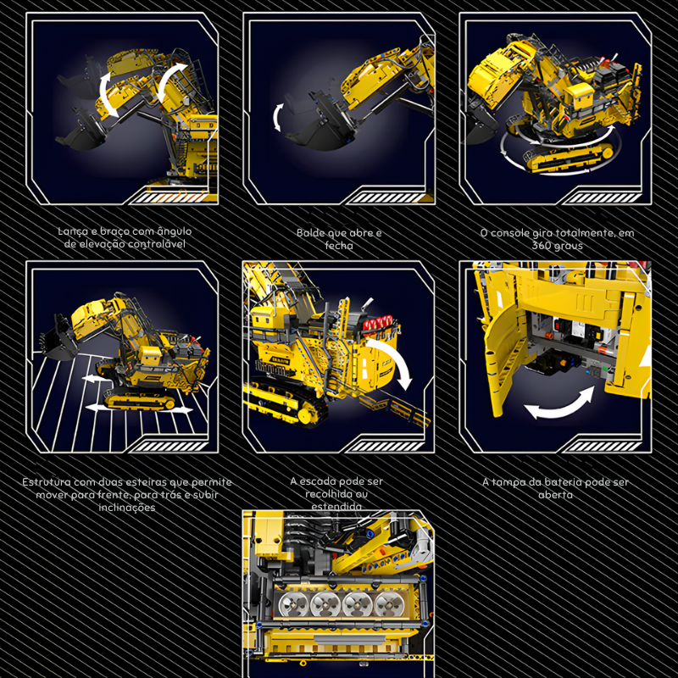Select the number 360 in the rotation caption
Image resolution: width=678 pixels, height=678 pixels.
pyautogui.click(x=542, y=246)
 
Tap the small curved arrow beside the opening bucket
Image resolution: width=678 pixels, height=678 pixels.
pyautogui.click(x=278, y=117)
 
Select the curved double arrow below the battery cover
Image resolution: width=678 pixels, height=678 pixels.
pyautogui.click(x=559, y=404)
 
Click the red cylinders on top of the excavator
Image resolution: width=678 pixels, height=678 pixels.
pyautogui.click(x=377, y=324)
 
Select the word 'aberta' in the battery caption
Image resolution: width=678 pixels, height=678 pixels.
pyautogui.click(x=555, y=495)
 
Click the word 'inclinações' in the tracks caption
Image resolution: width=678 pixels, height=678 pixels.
pyautogui.click(x=126, y=508)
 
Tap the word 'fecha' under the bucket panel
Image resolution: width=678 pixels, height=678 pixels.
pyautogui.click(x=339, y=246)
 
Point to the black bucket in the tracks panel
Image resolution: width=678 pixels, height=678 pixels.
pyautogui.click(x=58, y=340)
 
